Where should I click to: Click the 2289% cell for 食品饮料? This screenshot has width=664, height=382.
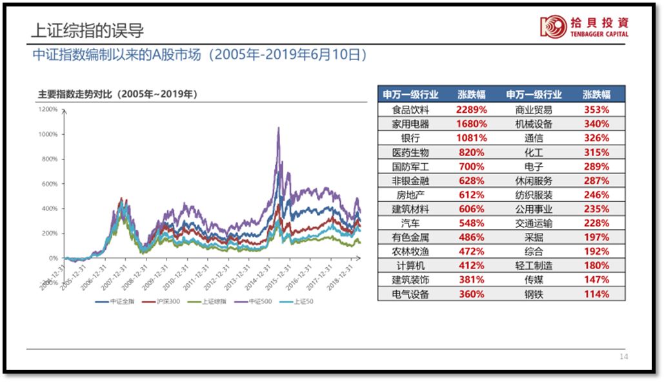[471, 110]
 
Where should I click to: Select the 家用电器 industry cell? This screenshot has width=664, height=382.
[410, 124]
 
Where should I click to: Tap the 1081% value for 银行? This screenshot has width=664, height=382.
[471, 138]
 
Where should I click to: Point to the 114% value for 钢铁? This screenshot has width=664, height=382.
[596, 294]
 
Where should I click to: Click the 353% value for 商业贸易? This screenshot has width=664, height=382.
[596, 110]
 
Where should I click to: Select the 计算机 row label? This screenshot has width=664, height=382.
[410, 266]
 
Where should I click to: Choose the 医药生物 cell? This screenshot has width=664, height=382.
[410, 152]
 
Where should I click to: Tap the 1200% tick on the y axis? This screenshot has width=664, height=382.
[49, 110]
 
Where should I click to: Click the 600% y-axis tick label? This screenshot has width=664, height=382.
[50, 184]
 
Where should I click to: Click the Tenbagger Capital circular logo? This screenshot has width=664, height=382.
[552, 26]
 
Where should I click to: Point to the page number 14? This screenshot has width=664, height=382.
[623, 357]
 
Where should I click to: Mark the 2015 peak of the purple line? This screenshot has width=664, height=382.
[278, 128]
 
